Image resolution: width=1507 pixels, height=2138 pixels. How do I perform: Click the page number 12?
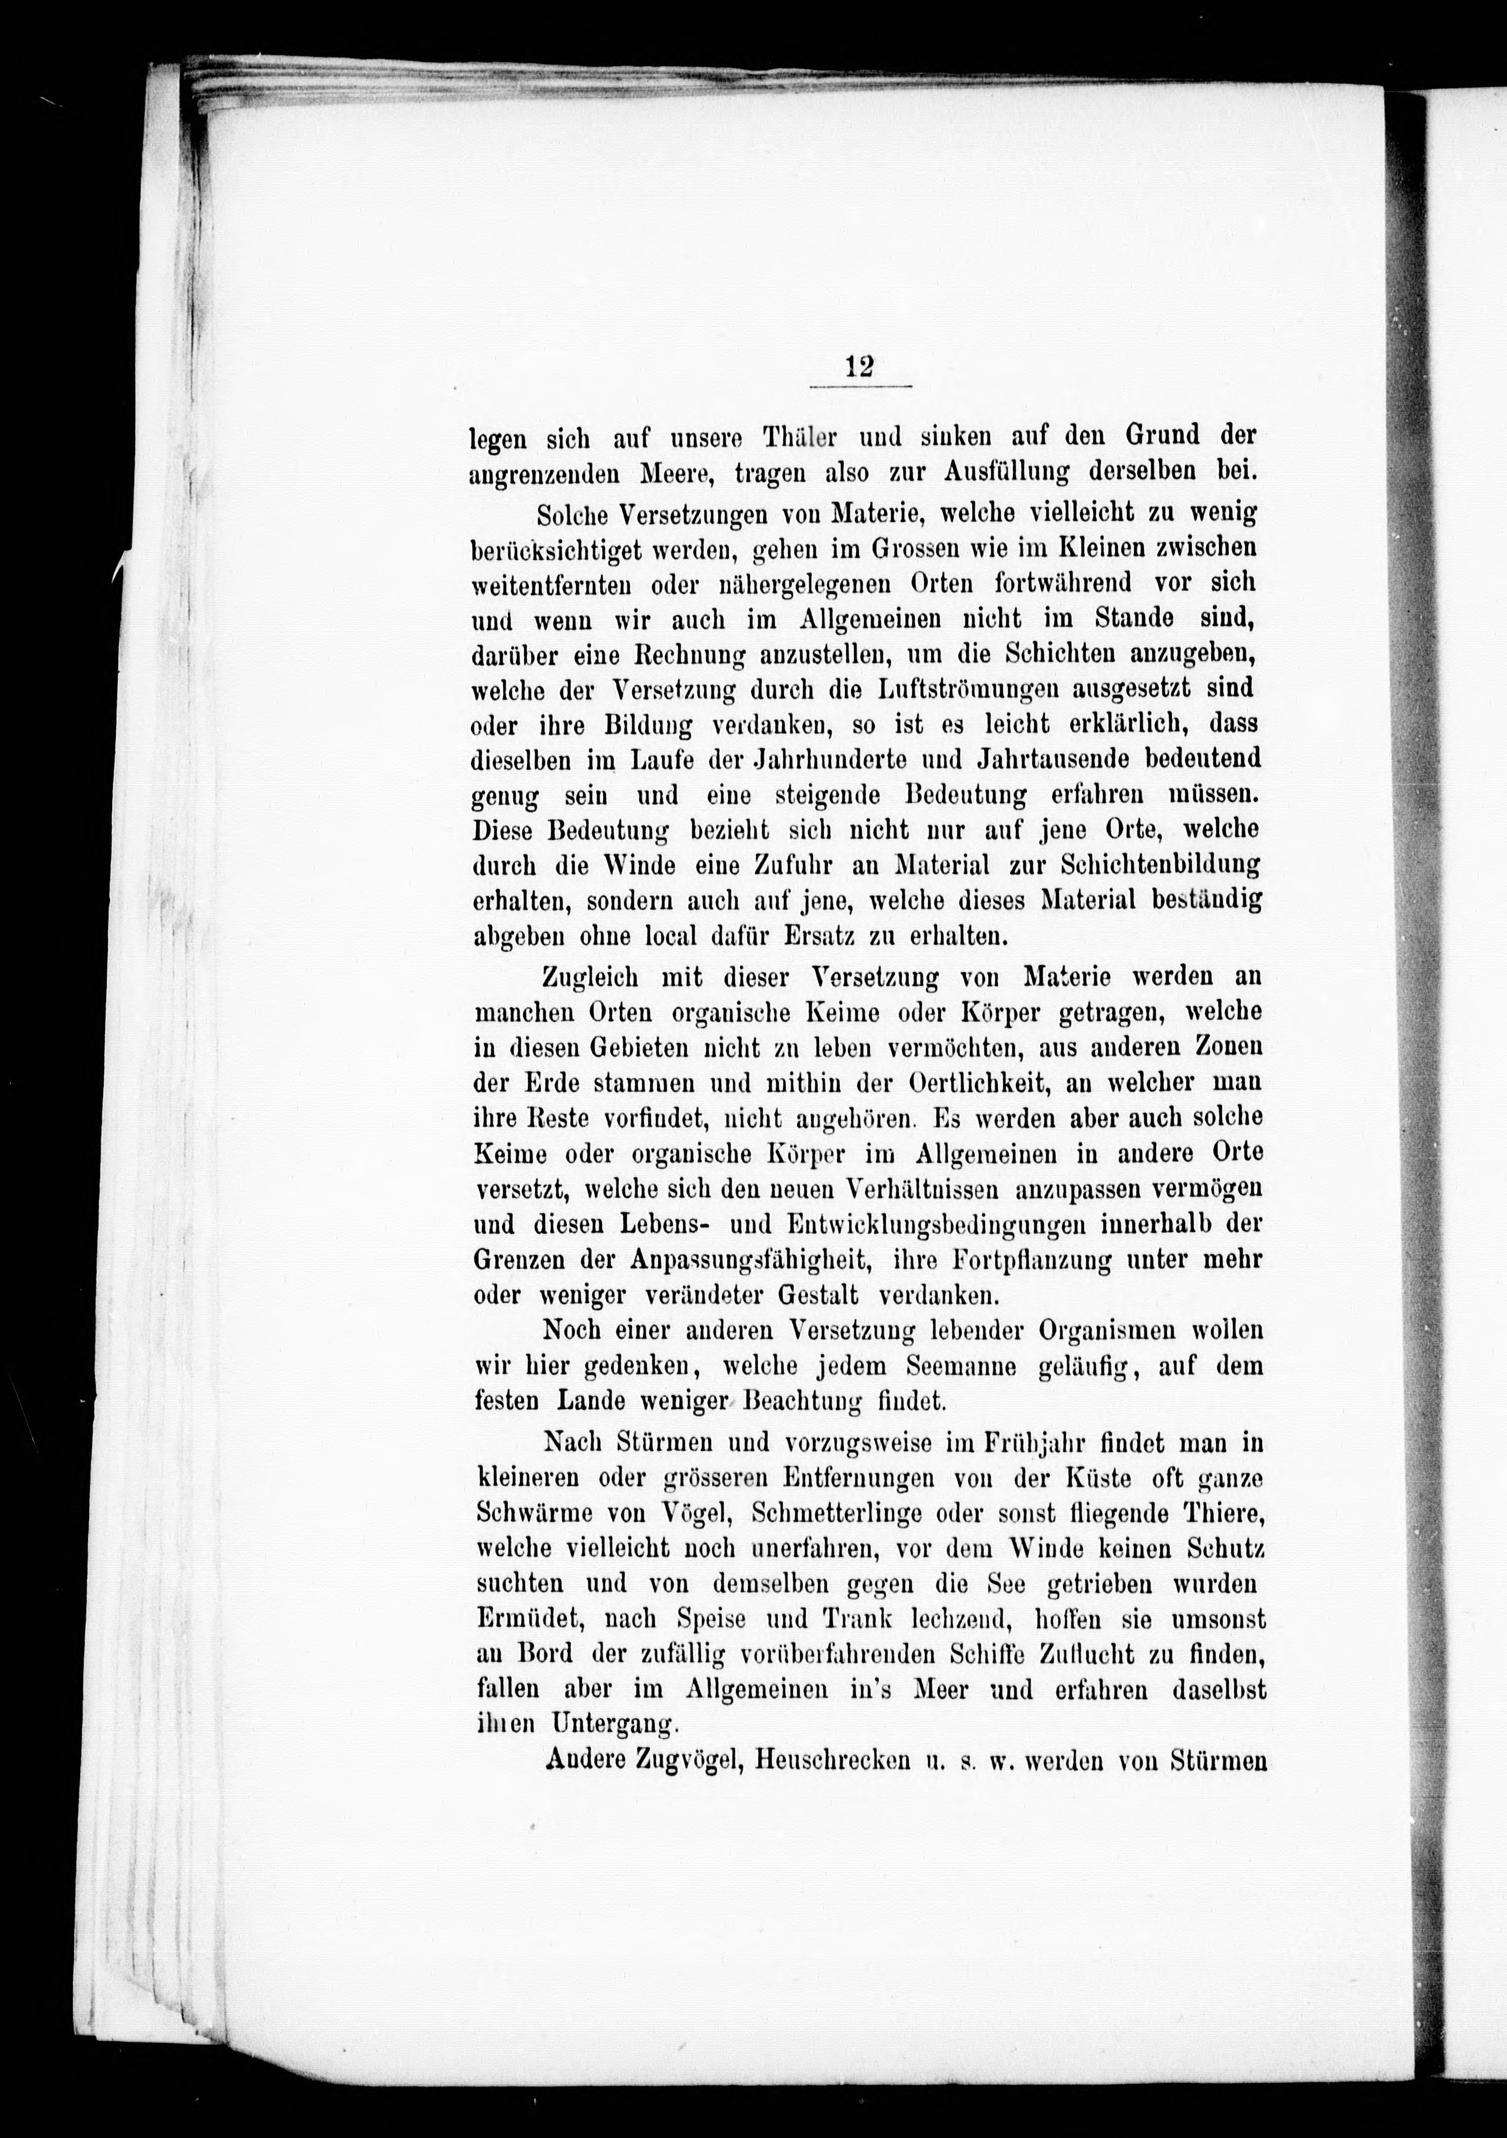point(859,365)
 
